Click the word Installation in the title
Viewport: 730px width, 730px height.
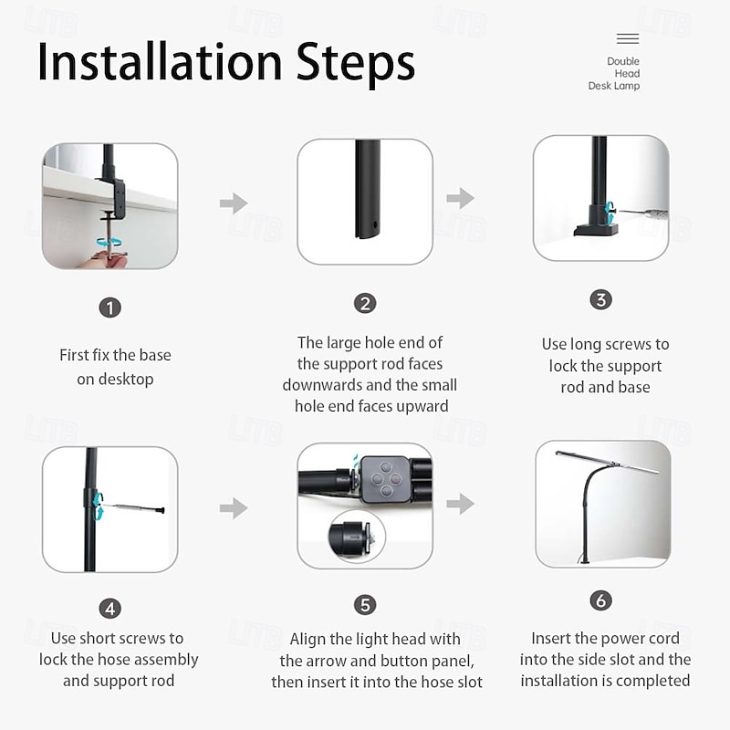160,62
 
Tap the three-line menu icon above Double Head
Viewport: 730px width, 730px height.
628,38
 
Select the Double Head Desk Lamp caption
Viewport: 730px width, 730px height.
614,74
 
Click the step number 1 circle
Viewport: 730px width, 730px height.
109,308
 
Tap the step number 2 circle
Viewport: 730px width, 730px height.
365,304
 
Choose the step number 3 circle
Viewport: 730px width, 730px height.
601,300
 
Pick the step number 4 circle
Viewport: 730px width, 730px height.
109,609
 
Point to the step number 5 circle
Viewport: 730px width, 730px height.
365,605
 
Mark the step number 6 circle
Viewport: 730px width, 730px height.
601,600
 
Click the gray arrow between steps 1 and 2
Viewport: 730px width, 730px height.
234,203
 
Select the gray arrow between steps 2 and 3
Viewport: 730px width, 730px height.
461,198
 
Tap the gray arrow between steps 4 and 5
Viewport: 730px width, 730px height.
234,508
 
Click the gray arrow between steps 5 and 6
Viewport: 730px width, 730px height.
461,504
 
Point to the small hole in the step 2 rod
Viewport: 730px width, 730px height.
375,224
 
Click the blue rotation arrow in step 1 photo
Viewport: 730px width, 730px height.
109,242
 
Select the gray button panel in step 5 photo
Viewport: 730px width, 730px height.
385,478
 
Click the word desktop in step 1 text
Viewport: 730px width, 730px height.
115,380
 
